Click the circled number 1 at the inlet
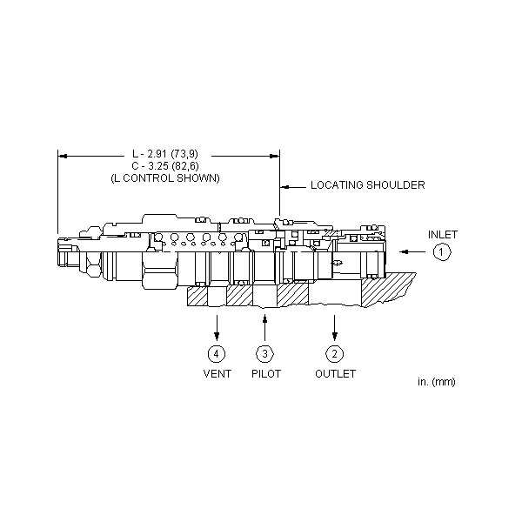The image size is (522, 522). [442, 252]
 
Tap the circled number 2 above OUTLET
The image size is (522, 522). [335, 353]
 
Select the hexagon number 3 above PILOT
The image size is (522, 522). [265, 353]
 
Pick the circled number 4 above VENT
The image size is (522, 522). [217, 353]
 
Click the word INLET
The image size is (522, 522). [443, 235]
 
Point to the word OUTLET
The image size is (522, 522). [335, 374]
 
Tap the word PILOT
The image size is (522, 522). [266, 374]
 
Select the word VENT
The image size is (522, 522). [217, 374]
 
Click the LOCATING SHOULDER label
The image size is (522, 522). [368, 185]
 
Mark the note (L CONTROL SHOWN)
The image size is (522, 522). [165, 178]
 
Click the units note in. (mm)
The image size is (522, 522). [437, 382]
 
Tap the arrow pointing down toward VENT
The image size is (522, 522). [217, 328]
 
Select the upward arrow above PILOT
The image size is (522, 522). [265, 328]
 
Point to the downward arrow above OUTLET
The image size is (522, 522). [335, 328]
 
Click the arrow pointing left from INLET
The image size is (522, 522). [412, 252]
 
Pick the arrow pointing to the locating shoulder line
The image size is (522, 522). [293, 187]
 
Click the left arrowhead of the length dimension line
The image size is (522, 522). [63, 156]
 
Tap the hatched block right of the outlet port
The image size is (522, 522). [388, 289]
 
